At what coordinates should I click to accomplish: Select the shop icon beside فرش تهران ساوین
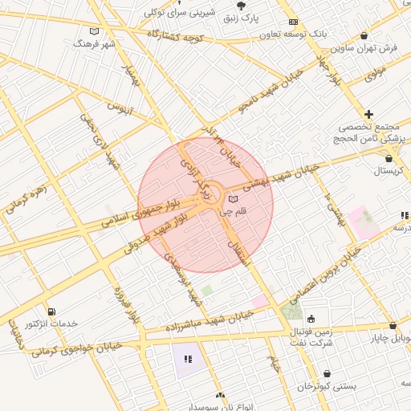click(x=365, y=35)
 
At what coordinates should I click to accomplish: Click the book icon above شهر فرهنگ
click(x=96, y=31)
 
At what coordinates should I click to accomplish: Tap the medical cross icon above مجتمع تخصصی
click(x=368, y=115)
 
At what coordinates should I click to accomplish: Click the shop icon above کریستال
click(x=389, y=158)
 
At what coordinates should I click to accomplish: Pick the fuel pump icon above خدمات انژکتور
click(x=51, y=311)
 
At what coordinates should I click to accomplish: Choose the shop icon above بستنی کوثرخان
click(x=327, y=374)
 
